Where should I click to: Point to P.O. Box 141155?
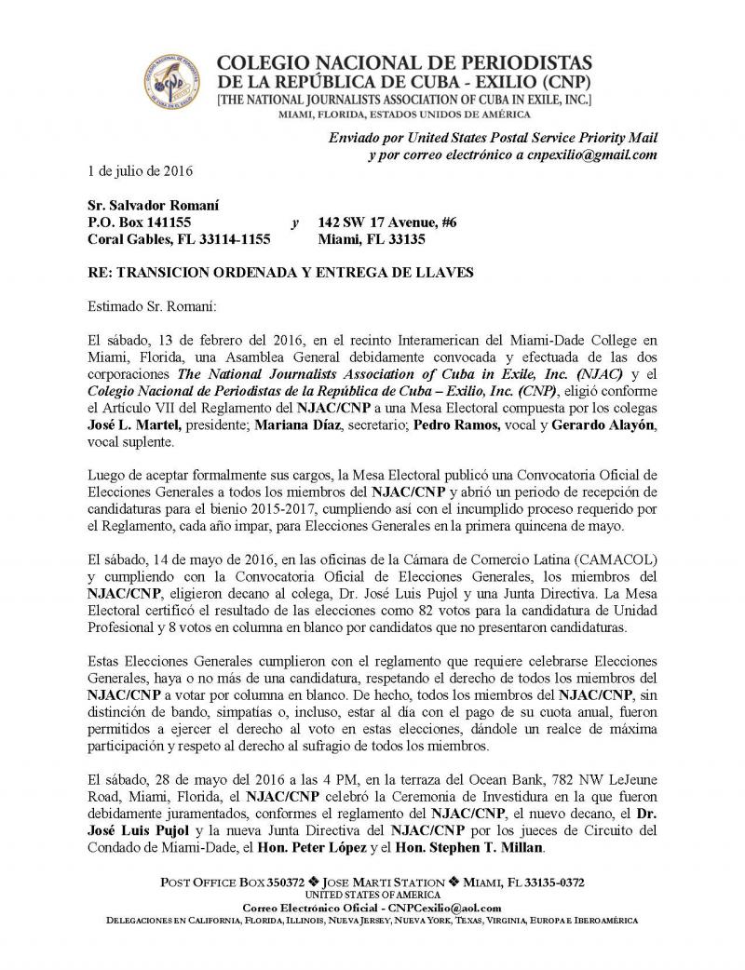pos(139,222)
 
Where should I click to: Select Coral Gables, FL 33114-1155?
pos(179,238)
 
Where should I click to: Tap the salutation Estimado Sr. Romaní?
pos(142,303)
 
